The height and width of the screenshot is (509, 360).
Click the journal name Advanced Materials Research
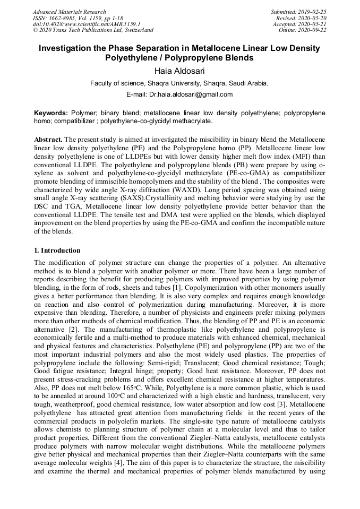pyautogui.click(x=69, y=12)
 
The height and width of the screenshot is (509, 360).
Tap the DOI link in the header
pyautogui.click(x=86, y=24)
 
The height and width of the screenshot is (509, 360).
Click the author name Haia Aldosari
pyautogui.click(x=179, y=71)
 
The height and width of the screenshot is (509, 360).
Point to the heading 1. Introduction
pyautogui.click(x=57, y=251)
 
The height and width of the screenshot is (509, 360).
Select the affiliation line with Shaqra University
pyautogui.click(x=179, y=83)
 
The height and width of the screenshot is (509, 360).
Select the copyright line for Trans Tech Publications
pyautogui.click(x=93, y=30)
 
